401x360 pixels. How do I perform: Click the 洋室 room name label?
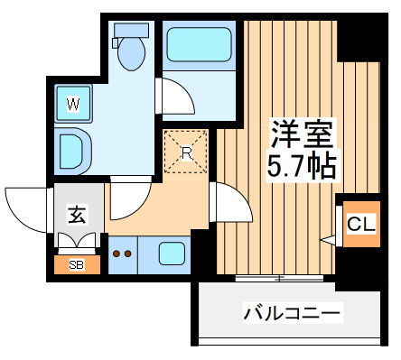point(303,134)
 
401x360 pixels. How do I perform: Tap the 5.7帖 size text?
point(302,166)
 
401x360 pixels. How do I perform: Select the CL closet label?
point(361,224)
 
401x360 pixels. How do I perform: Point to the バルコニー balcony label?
point(292,313)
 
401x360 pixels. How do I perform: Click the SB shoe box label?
point(77,265)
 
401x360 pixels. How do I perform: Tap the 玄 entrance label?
point(78,215)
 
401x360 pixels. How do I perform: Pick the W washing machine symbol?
point(73,104)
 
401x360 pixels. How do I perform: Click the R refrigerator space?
point(186,152)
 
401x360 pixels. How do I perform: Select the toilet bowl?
point(132,53)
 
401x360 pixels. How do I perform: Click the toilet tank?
point(131,31)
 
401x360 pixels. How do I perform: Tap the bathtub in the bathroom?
point(199,44)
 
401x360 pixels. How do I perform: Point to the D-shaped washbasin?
point(73,152)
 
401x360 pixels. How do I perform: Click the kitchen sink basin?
point(172,254)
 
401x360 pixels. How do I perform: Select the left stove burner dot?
point(117,254)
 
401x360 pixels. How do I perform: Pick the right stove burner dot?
point(128,254)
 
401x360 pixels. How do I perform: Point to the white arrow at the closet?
point(329,240)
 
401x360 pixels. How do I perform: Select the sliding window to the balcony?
point(279,278)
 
